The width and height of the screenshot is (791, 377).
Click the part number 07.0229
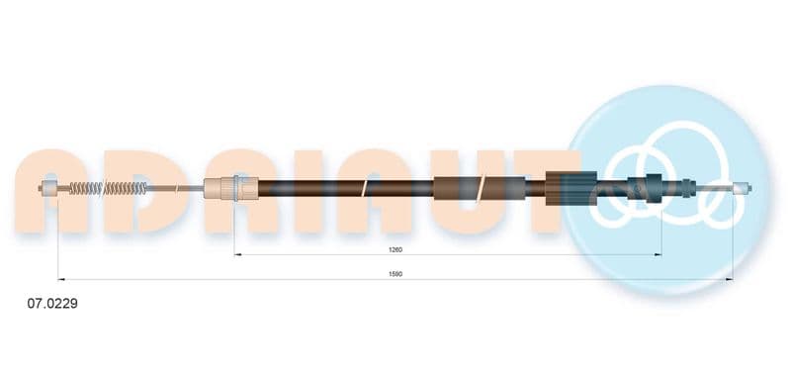(52, 304)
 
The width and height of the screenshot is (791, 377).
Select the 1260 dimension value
(395, 249)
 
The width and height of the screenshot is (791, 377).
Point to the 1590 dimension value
(395, 274)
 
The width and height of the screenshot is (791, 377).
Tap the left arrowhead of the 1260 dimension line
(238, 255)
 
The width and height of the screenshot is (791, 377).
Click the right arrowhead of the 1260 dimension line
(658, 255)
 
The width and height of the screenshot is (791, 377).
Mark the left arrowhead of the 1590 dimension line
(61, 279)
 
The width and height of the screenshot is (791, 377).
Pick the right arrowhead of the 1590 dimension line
(730, 279)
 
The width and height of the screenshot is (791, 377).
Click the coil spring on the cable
(108, 188)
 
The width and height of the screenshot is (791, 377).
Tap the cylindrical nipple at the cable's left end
(48, 188)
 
